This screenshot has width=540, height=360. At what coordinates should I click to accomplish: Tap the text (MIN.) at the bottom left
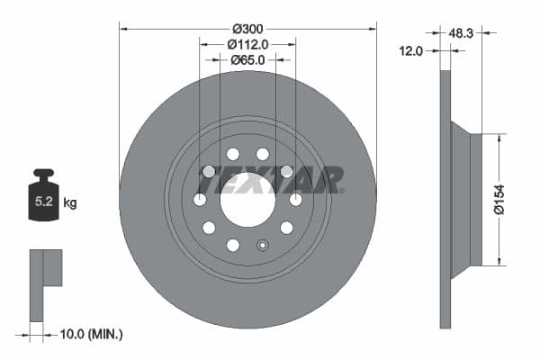(105, 334)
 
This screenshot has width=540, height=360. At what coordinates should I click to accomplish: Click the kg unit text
(70, 203)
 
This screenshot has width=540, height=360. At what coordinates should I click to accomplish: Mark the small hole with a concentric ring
(262, 245)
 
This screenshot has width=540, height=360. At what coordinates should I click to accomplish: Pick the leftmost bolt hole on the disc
(200, 199)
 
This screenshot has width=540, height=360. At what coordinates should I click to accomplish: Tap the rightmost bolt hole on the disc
(295, 199)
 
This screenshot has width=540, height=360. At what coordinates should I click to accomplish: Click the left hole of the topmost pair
(233, 154)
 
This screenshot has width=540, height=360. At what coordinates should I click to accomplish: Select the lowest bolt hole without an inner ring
(233, 245)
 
